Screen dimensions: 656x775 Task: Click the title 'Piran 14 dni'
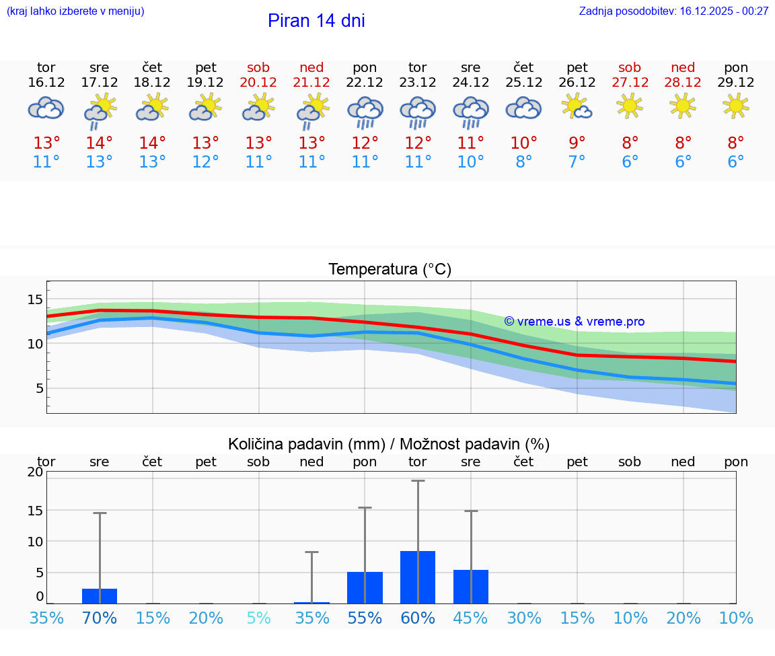[316, 21]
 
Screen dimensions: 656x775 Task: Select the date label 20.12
[258, 83]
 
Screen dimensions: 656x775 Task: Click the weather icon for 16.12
[46, 108]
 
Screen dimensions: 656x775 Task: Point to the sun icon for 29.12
[736, 106]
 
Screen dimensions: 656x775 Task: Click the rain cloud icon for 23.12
[418, 112]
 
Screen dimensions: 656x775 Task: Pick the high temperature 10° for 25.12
[523, 143]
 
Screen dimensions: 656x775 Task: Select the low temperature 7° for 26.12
[577, 162]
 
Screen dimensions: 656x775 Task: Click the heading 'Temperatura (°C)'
[390, 270]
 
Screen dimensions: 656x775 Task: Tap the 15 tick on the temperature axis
[35, 299]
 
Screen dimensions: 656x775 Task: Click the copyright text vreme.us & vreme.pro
[574, 322]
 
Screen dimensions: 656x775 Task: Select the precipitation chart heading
[389, 444]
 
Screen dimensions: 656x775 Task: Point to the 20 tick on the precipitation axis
[35, 472]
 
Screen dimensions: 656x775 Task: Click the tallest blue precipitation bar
[418, 577]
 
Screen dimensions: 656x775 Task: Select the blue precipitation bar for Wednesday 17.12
[100, 596]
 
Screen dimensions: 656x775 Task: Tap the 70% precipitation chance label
[100, 618]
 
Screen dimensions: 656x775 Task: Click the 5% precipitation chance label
[258, 618]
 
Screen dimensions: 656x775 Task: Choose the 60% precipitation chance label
[418, 618]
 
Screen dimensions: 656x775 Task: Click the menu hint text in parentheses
[75, 11]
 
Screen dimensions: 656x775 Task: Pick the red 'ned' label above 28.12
[683, 68]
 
